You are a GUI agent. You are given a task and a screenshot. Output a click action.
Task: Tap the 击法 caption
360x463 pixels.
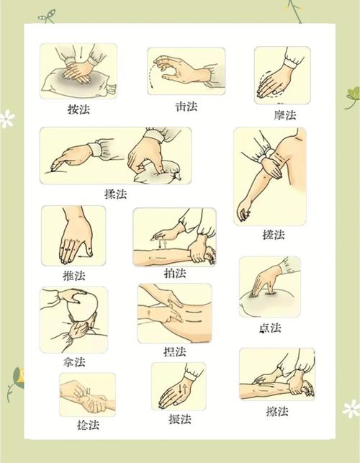(x=186, y=106)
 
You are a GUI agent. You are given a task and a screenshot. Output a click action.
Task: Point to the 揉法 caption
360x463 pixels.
(x=116, y=194)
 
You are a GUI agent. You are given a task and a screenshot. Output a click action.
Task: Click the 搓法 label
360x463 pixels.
(x=273, y=235)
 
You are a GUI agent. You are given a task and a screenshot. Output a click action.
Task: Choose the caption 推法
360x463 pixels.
(x=74, y=275)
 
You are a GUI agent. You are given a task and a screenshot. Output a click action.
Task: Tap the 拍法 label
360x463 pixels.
(x=175, y=274)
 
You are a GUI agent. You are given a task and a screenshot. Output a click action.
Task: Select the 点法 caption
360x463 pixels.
(x=270, y=328)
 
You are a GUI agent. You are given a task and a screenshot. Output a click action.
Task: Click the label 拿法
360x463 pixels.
(x=74, y=361)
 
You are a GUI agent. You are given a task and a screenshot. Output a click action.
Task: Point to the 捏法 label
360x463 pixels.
(x=175, y=351)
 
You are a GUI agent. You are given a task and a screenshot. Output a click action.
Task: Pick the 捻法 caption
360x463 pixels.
(x=88, y=425)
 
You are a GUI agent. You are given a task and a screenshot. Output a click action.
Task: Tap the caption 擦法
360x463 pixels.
(x=276, y=411)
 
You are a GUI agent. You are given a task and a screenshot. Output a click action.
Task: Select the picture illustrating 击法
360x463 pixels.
(x=186, y=71)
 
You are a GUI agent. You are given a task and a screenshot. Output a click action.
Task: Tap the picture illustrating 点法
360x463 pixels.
(x=269, y=287)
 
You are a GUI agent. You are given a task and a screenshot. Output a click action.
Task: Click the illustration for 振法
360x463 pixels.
(x=178, y=387)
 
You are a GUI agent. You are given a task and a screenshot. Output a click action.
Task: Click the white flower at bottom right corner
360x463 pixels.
(x=351, y=409)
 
